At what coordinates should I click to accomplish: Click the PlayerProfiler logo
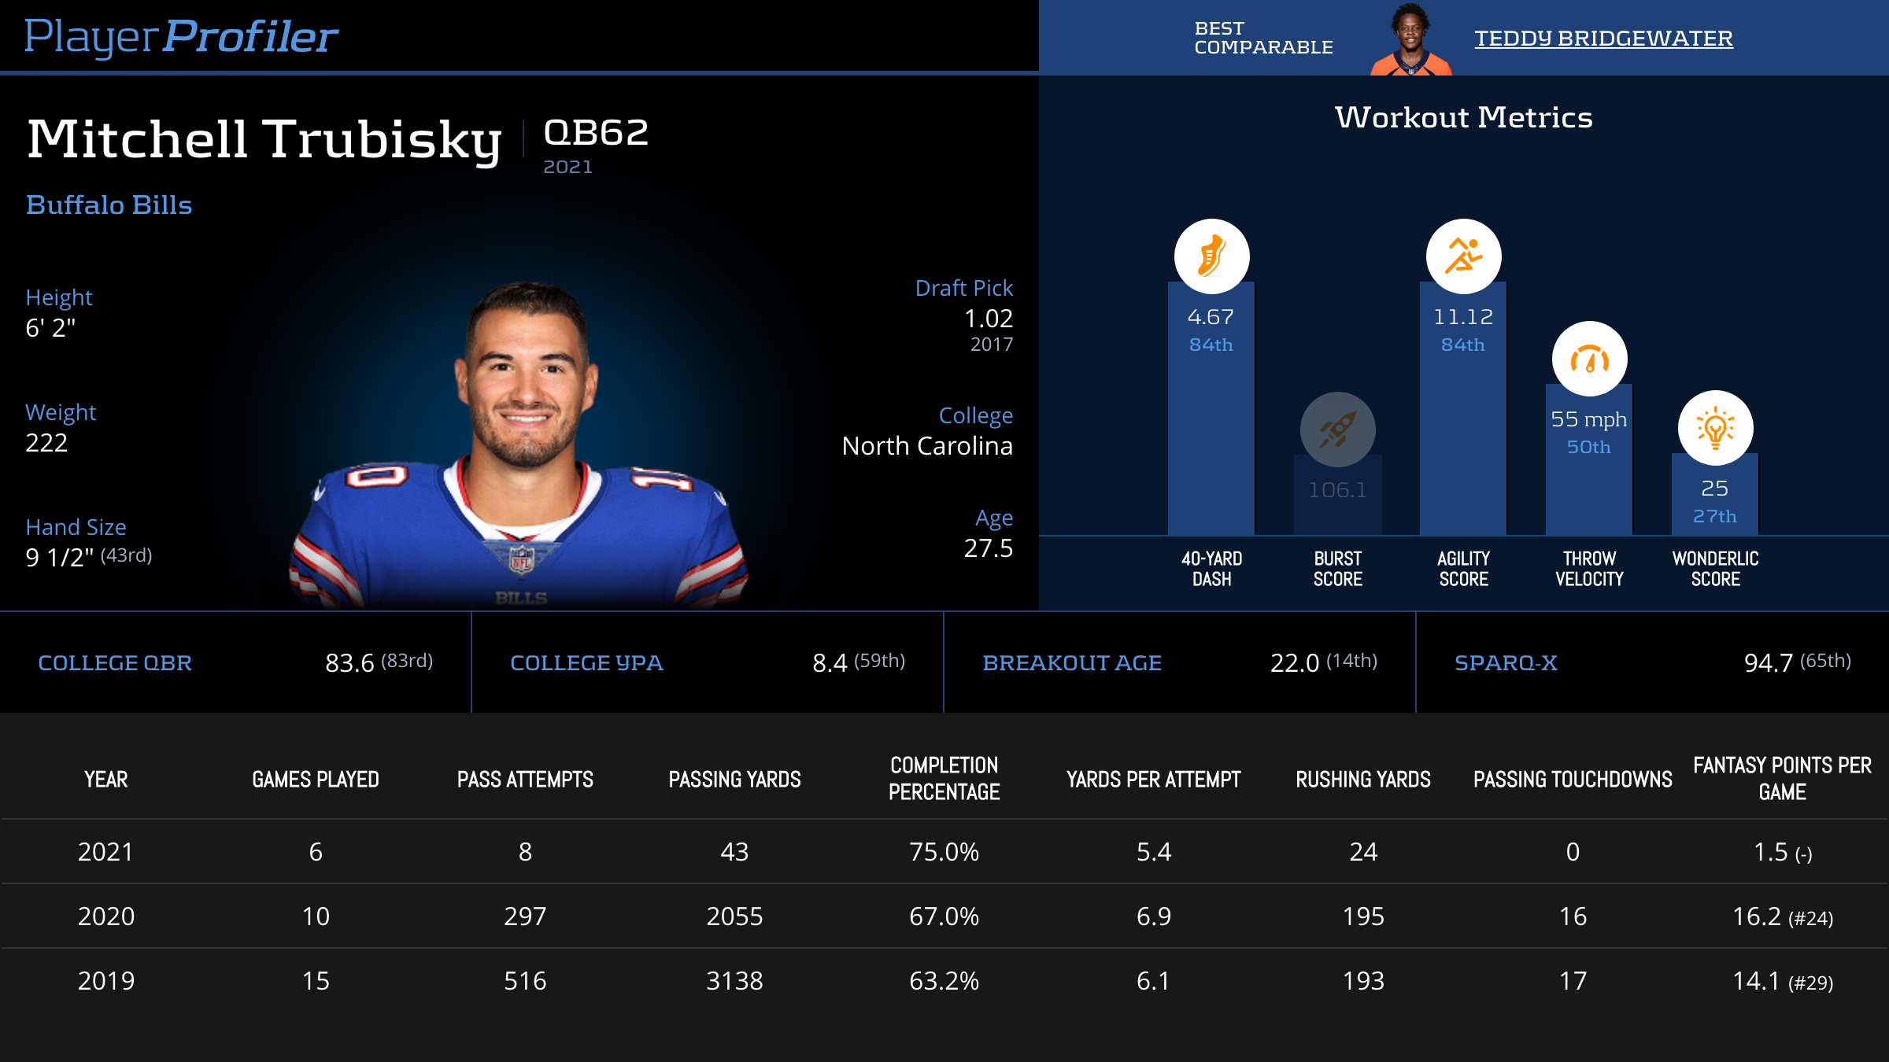tap(181, 36)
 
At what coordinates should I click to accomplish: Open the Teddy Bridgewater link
tap(1603, 39)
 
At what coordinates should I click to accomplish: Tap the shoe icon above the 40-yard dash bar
tap(1211, 256)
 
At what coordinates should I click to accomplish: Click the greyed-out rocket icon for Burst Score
tap(1337, 430)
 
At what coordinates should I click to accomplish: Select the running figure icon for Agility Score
tap(1463, 256)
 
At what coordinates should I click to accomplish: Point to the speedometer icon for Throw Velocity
tap(1589, 360)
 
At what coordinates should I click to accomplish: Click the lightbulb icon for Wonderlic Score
tap(1715, 428)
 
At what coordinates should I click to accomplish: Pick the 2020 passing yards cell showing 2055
tap(734, 916)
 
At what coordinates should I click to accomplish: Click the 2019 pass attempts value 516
tap(525, 981)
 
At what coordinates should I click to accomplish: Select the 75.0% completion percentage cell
tap(944, 852)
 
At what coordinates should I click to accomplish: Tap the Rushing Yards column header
tap(1363, 780)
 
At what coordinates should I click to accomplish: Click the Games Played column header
tap(316, 780)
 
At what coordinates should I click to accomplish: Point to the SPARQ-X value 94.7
tap(1768, 663)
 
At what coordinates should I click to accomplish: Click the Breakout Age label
tap(1072, 663)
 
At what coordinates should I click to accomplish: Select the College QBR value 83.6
tap(349, 663)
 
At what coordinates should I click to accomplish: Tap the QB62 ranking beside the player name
tap(596, 133)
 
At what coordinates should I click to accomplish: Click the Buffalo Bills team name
tap(109, 205)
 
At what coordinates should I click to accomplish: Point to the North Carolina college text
tap(927, 446)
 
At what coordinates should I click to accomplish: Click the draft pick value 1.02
tap(989, 319)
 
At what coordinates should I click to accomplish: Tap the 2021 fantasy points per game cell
tap(1782, 852)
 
